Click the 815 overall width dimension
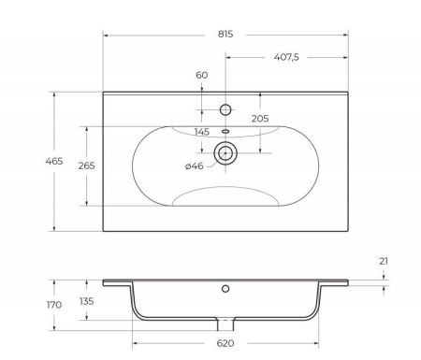[225, 33]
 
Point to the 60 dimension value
[202, 75]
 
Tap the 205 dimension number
[260, 118]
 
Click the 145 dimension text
[202, 131]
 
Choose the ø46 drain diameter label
[195, 166]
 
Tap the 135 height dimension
[88, 301]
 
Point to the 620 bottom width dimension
[225, 344]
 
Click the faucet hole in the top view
[225, 109]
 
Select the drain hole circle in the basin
[225, 151]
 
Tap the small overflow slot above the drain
[225, 131]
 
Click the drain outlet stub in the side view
[225, 324]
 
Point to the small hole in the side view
[225, 289]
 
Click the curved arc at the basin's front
[225, 192]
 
